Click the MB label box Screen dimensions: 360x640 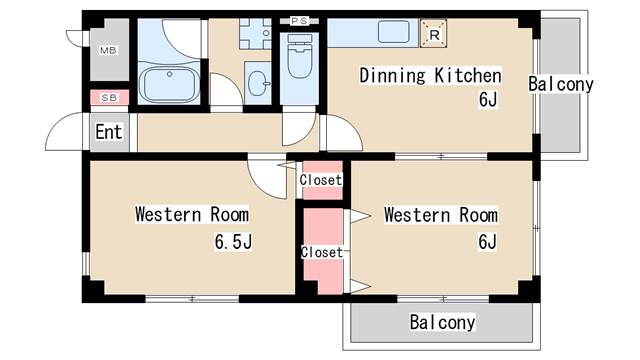click(108, 49)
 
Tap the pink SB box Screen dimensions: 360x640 click(108, 97)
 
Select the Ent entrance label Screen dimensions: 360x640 click(108, 131)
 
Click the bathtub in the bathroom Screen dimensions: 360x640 click(169, 84)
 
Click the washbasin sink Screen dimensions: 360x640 click(257, 82)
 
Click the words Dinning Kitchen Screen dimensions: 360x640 click(430, 76)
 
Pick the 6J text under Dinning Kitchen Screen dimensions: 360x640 click(487, 99)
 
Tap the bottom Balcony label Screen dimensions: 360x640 click(442, 323)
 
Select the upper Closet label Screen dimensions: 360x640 click(321, 180)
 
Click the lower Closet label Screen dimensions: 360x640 click(322, 252)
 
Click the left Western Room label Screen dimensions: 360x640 click(192, 214)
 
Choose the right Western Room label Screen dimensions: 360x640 click(440, 215)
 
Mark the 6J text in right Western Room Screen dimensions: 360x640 click(487, 241)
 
